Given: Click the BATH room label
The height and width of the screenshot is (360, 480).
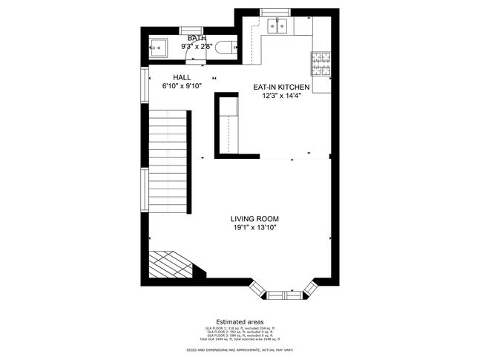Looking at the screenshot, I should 197,38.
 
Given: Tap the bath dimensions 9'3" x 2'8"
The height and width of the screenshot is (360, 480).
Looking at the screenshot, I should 197,46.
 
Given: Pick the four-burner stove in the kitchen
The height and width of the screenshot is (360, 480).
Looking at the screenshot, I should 320,62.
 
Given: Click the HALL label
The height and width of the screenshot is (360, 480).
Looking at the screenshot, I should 182,77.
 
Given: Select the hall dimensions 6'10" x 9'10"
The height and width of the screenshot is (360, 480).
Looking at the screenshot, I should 182,85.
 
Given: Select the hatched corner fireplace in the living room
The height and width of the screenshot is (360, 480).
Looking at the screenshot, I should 171,264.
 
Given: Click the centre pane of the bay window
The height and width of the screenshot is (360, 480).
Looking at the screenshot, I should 285,295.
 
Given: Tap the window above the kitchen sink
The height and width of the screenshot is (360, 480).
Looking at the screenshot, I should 278,13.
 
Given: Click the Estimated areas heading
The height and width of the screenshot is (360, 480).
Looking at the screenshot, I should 240,321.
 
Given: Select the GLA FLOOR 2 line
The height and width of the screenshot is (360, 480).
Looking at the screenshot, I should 240,331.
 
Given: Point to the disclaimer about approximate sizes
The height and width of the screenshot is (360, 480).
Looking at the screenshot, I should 240,349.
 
